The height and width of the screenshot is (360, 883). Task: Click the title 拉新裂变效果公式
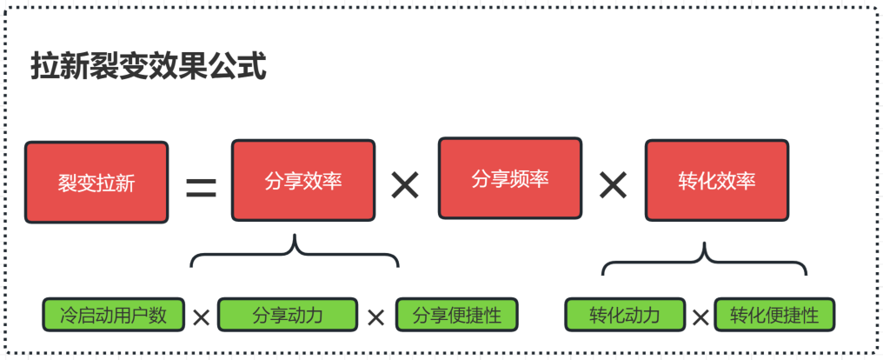[148, 67]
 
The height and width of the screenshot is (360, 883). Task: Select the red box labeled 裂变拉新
[96, 183]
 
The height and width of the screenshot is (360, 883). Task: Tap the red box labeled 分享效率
[303, 181]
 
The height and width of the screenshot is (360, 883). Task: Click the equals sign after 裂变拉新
[201, 185]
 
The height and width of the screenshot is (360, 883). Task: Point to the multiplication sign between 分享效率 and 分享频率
[405, 184]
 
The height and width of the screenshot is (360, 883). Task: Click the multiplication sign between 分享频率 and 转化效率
[613, 184]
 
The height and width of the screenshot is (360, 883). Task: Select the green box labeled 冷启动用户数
[113, 315]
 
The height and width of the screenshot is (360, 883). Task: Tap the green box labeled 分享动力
[288, 315]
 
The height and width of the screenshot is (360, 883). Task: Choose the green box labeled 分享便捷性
[456, 315]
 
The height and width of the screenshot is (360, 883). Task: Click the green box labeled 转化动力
[624, 315]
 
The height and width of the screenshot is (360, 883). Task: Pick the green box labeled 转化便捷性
[773, 315]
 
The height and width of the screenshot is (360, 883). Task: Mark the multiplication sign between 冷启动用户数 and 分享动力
[201, 317]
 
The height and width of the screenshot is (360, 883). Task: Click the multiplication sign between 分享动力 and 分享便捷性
[375, 317]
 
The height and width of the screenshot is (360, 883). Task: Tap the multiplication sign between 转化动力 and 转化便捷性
[700, 317]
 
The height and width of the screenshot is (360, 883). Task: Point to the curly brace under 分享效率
[295, 253]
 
